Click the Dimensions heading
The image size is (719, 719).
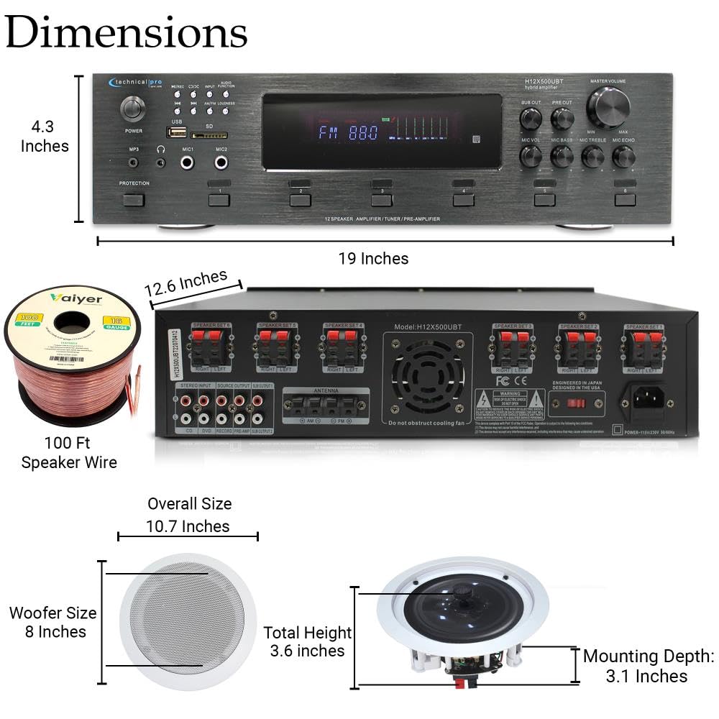pos(127,32)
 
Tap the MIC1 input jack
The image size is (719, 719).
pos(188,162)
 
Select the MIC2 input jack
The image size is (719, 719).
pos(222,162)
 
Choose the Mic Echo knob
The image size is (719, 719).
pos(623,156)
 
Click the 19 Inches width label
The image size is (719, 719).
pos(373,259)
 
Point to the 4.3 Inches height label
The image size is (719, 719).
pos(45,137)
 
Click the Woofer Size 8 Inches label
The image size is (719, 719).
pos(52,623)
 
